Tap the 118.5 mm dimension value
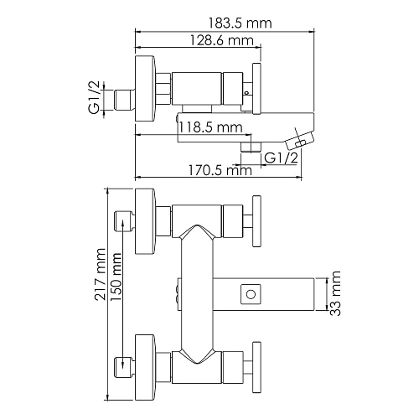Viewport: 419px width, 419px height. pyautogui.click(x=210, y=127)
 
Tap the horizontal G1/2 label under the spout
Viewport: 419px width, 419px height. pyautogui.click(x=282, y=158)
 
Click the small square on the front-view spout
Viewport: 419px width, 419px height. pyautogui.click(x=249, y=293)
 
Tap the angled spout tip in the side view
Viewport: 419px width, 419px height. pyautogui.click(x=299, y=138)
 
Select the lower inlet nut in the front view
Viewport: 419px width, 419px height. pyautogui.click(x=122, y=363)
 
